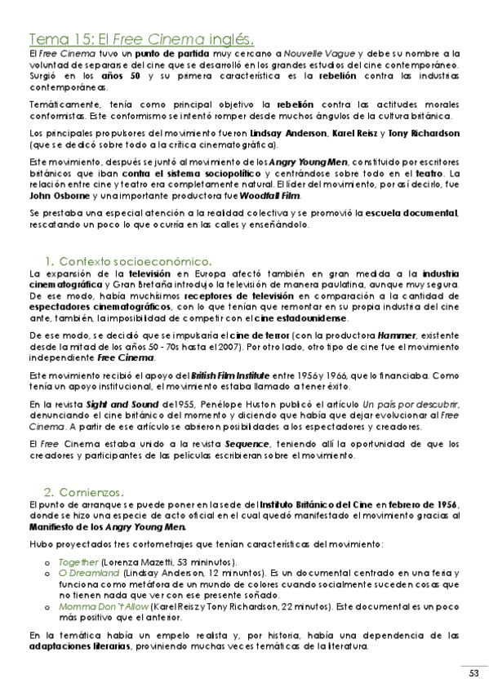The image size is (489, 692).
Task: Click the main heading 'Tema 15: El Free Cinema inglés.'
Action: pos(141,38)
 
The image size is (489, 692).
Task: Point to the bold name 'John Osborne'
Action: pos(59,197)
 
